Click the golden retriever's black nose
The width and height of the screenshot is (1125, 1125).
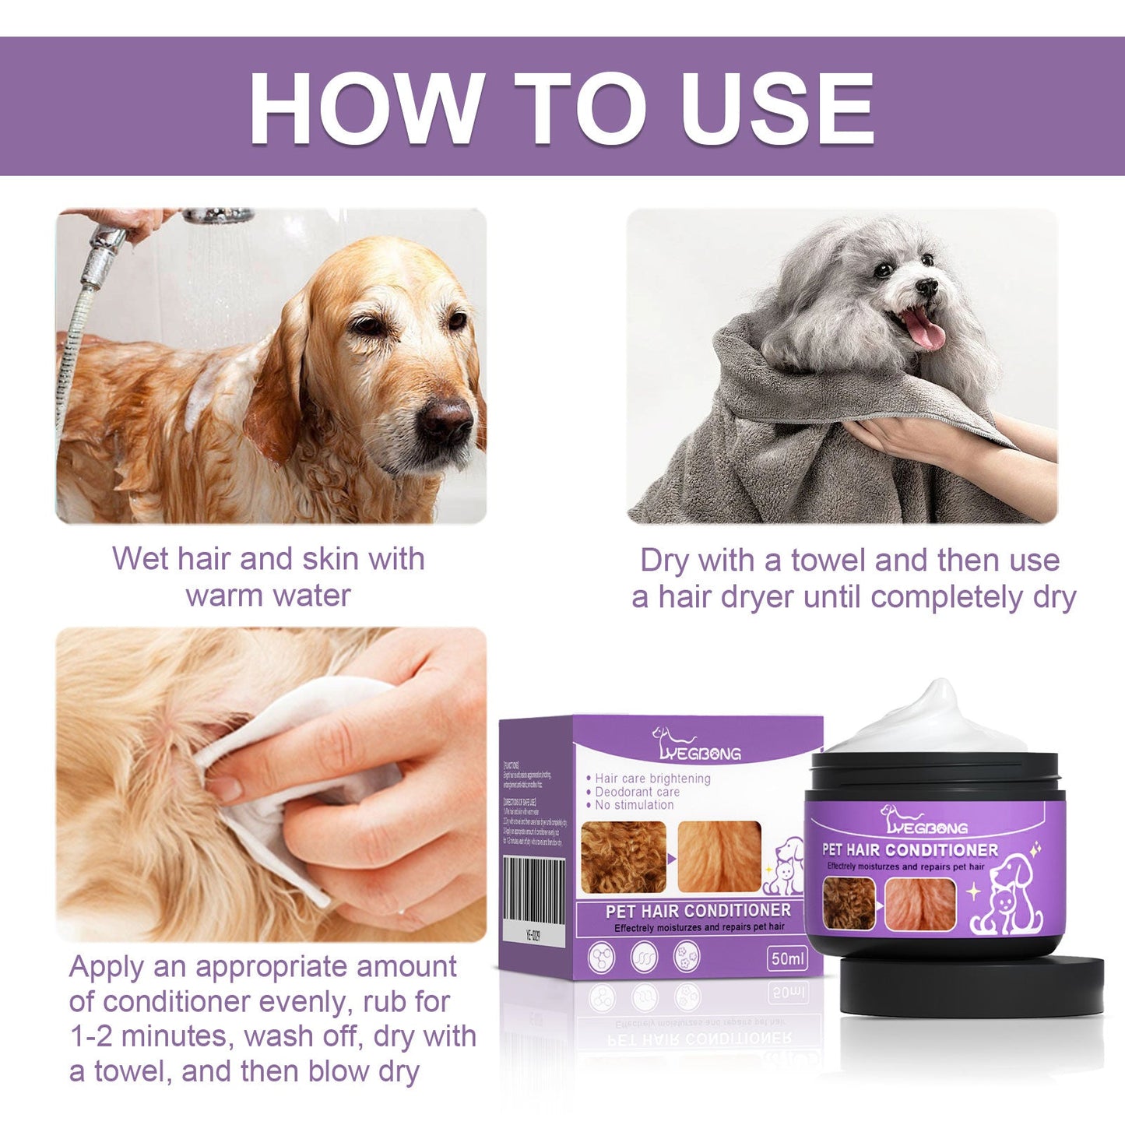446,420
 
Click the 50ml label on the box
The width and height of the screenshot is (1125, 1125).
787,958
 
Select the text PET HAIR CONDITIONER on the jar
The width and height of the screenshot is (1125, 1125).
909,849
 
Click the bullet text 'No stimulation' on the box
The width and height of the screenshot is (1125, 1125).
634,805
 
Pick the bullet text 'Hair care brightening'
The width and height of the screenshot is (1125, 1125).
652,779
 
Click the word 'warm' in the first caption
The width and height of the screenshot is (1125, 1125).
223,596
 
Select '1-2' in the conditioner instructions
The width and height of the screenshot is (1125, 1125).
91,1036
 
